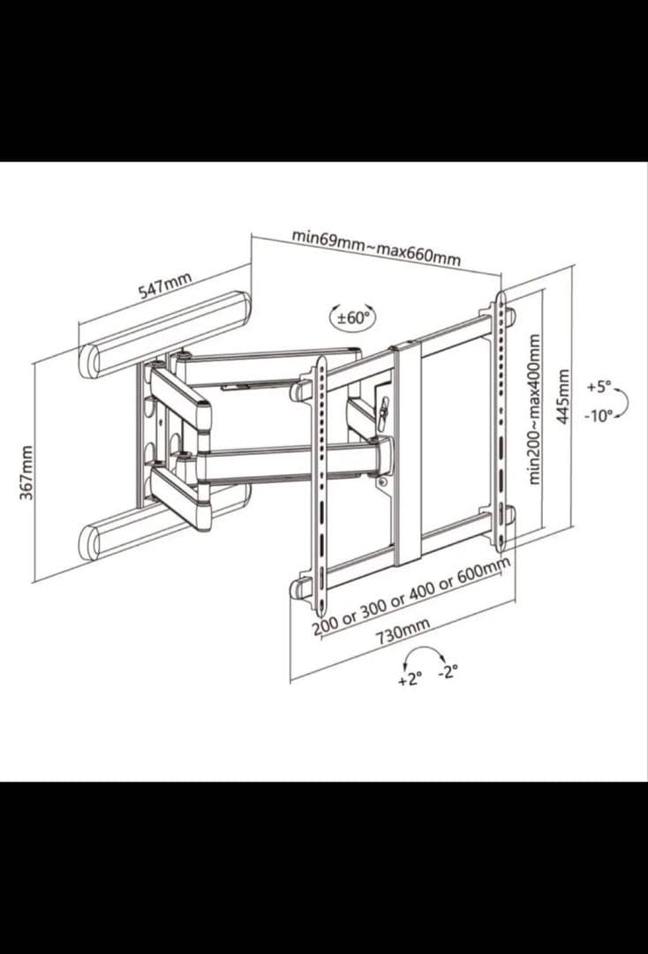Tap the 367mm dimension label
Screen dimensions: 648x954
click(x=26, y=473)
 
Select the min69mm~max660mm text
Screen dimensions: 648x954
click(x=376, y=247)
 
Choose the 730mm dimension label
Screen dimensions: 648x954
click(x=403, y=631)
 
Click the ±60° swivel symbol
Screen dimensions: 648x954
click(x=353, y=318)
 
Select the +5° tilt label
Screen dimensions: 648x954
click(x=599, y=386)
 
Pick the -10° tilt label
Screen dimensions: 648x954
click(x=599, y=416)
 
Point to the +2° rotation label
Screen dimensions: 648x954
click(x=410, y=679)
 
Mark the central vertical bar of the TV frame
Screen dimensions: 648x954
click(x=406, y=453)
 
